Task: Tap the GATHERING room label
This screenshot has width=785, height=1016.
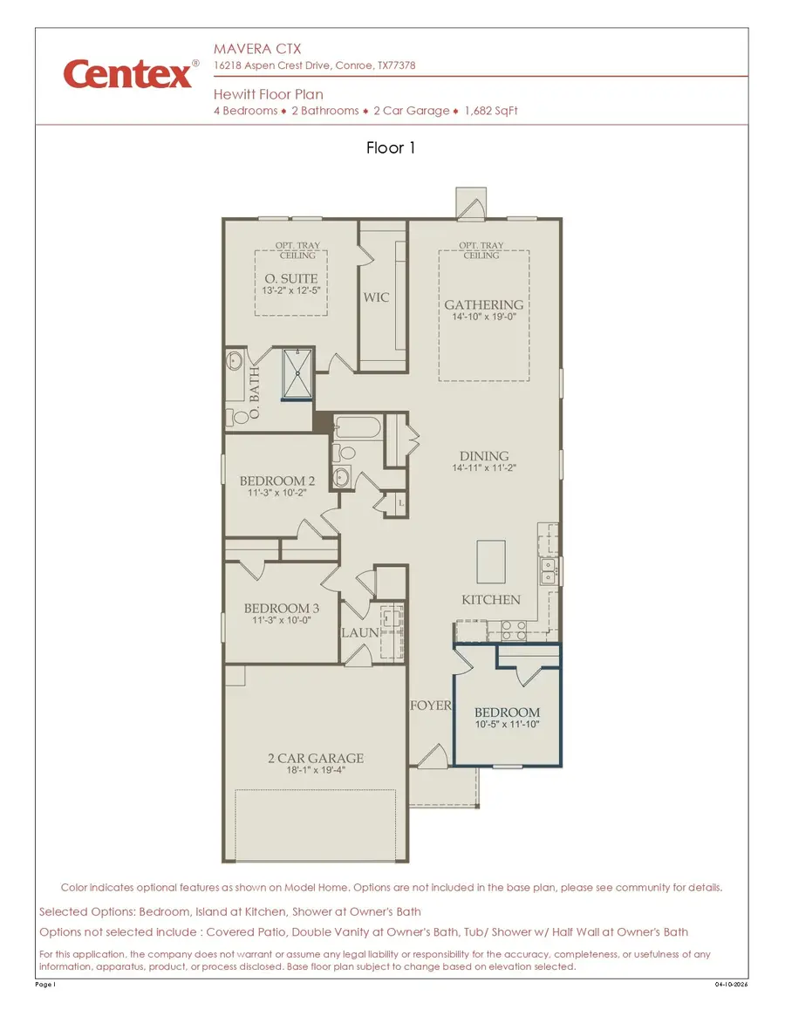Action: [484, 305]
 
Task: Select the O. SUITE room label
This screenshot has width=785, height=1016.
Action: [292, 279]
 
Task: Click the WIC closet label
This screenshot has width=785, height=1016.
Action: [377, 297]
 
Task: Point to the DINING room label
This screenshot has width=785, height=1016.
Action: [484, 456]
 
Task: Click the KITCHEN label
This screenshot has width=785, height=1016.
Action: [491, 600]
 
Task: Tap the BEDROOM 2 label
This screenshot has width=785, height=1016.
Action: [277, 481]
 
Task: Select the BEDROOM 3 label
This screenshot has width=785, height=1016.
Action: [281, 608]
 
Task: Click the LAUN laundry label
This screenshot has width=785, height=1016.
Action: [358, 632]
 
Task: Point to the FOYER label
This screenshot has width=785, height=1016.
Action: [430, 705]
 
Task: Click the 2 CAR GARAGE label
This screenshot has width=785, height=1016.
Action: [315, 758]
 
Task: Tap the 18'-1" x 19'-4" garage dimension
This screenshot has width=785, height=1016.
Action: [315, 771]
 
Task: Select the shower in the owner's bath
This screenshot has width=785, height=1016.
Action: [297, 374]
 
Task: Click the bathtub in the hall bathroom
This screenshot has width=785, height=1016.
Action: [357, 428]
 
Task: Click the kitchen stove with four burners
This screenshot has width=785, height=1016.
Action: [513, 630]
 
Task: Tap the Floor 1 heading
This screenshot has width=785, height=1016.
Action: [391, 148]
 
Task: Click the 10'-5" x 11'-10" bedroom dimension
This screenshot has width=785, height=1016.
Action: [507, 725]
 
